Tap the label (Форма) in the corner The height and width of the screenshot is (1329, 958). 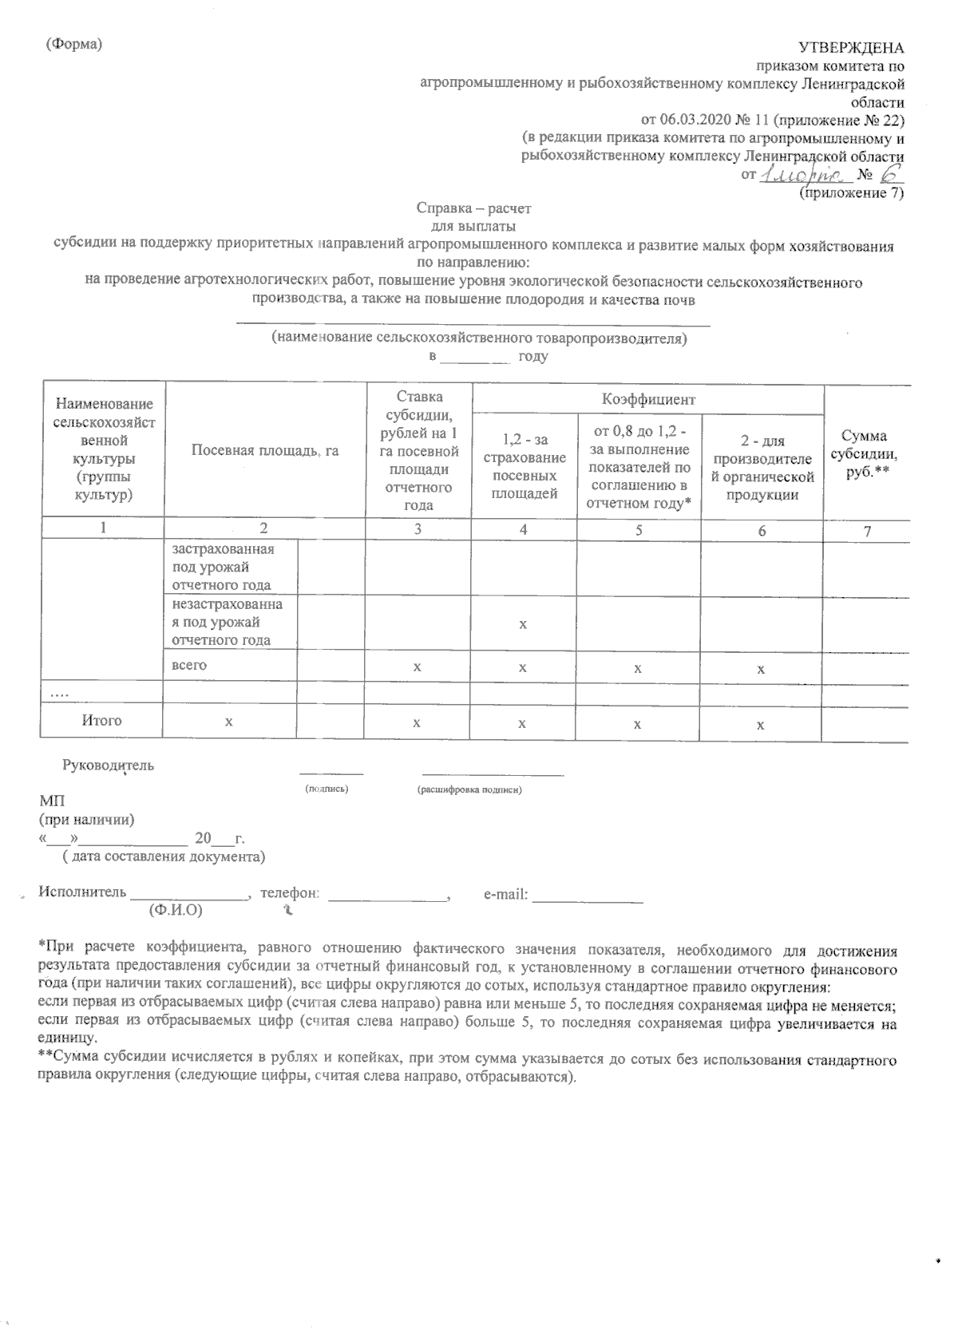(75, 45)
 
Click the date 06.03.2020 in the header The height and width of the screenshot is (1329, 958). (695, 120)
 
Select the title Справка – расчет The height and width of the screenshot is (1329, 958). (473, 208)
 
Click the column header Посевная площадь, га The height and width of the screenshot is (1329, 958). (265, 451)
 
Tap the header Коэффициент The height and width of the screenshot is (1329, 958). (647, 398)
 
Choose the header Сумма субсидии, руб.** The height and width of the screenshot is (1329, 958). (865, 450)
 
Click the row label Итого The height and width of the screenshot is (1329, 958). (102, 721)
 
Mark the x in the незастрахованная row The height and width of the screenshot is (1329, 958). (523, 624)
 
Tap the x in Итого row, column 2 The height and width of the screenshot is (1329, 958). (229, 722)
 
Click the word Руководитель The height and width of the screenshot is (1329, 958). (109, 765)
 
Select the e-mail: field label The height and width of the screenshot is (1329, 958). (506, 895)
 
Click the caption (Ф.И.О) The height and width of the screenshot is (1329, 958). (175, 910)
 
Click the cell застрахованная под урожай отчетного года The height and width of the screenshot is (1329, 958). (222, 568)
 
